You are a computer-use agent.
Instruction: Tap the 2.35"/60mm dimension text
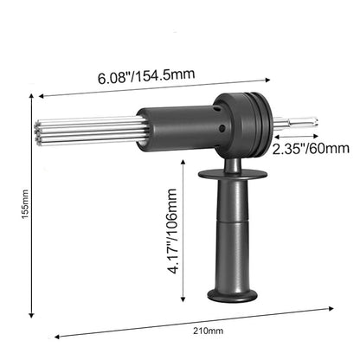pos(305,150)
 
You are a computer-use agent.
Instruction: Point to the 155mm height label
pos(25,208)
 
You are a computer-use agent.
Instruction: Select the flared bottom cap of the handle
pos(232,295)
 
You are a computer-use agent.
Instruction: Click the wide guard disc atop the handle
pos(231,176)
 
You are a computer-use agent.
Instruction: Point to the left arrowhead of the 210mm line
pos(55,337)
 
